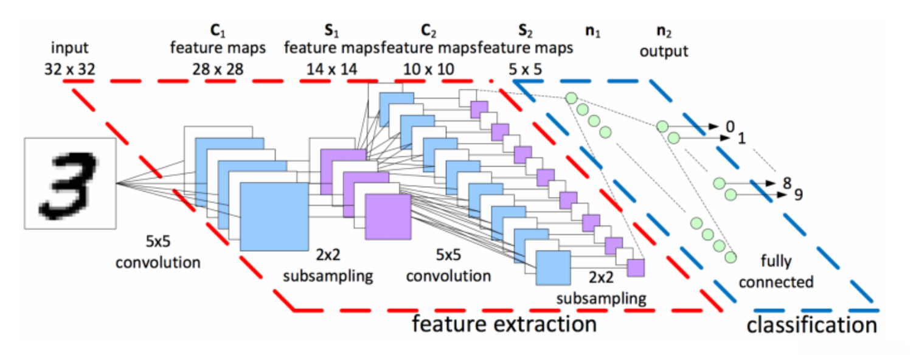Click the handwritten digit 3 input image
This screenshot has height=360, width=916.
[x=70, y=184]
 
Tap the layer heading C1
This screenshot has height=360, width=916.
[x=218, y=30]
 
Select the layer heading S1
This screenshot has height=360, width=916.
[x=331, y=30]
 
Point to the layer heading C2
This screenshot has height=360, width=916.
[x=429, y=30]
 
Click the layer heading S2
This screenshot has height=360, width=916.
[x=526, y=30]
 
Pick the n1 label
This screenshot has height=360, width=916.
[x=593, y=31]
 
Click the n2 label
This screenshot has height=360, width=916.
[x=664, y=31]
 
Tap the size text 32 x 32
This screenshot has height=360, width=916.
[x=70, y=69]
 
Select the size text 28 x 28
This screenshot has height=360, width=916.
[x=218, y=69]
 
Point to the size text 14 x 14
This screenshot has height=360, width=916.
[x=331, y=69]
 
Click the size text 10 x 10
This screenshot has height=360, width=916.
[x=429, y=69]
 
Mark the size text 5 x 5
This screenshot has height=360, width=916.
[x=526, y=69]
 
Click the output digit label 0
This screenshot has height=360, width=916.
[x=730, y=126]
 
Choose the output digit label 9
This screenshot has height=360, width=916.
[x=799, y=195]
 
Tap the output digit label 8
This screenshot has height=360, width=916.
[x=787, y=182]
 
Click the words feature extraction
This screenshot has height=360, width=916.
[x=504, y=324]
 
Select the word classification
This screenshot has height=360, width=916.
[x=812, y=325]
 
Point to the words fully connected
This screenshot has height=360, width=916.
[x=776, y=272]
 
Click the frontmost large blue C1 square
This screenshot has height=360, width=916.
[x=274, y=216]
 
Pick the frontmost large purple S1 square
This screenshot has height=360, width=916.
[x=388, y=216]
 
